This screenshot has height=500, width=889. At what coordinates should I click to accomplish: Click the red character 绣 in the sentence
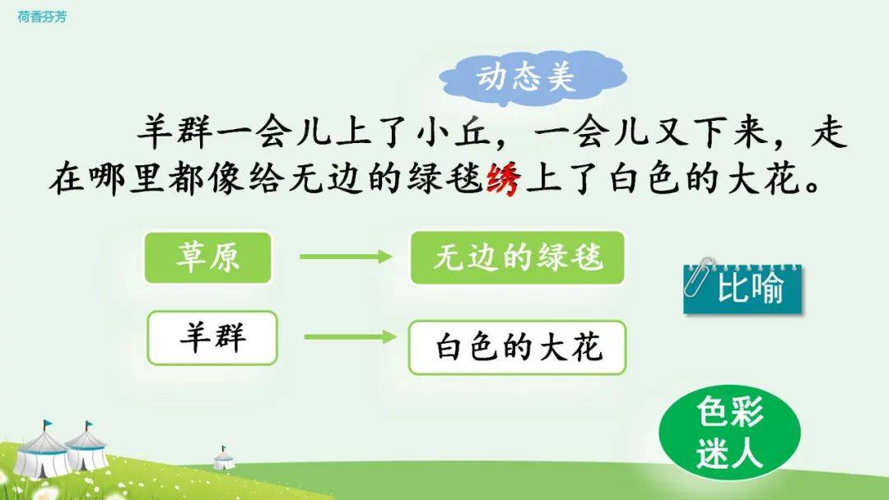tap(504, 179)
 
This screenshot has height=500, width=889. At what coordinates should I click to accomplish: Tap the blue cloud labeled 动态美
tap(532, 77)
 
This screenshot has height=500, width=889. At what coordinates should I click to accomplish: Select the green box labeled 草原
tap(208, 257)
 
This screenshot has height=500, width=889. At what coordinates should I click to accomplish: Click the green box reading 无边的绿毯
tap(518, 257)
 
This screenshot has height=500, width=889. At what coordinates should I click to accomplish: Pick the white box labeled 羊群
tap(212, 337)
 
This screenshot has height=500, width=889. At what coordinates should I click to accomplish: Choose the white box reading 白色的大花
tap(517, 347)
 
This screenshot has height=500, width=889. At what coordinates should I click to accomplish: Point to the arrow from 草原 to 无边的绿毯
tap(345, 257)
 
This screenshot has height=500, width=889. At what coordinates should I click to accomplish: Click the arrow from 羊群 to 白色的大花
tap(351, 337)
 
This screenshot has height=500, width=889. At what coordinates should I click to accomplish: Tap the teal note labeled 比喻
tap(742, 288)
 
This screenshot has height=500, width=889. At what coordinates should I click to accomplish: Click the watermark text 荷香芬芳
tap(42, 17)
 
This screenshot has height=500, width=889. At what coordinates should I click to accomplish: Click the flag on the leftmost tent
tap(47, 424)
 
